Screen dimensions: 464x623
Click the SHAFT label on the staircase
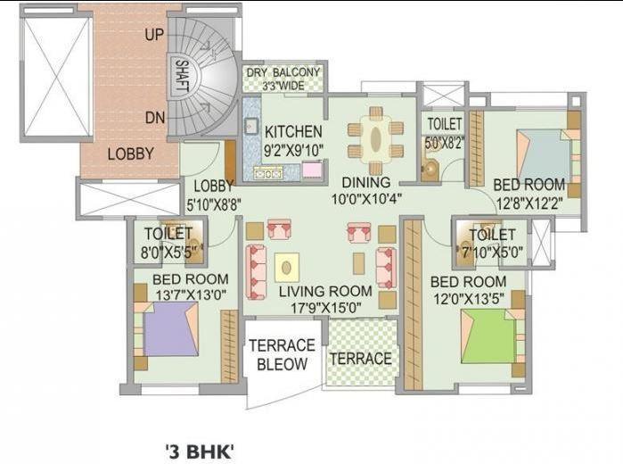point(182,77)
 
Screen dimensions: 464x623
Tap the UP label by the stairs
point(154,36)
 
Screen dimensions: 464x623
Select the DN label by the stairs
point(154,117)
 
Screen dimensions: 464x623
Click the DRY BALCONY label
point(284,73)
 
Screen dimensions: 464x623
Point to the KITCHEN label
point(293,131)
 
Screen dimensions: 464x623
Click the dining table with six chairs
point(371,138)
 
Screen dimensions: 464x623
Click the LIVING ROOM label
point(324,291)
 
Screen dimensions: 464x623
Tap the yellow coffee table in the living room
point(286,267)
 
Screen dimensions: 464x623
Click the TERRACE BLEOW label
point(282,354)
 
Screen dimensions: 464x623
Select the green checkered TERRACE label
point(361,359)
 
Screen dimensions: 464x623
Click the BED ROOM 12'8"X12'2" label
point(529,185)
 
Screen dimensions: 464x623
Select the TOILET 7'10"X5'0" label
point(492,235)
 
